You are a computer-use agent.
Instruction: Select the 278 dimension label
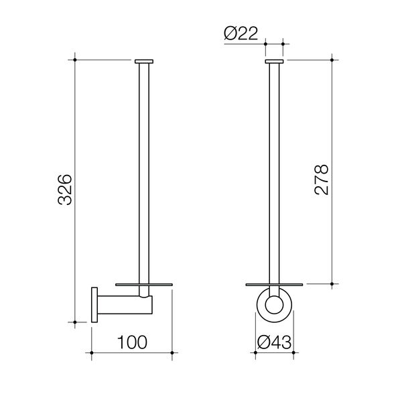[322, 179]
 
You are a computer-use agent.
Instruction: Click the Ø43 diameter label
[274, 342]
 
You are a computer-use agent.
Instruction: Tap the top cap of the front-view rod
[274, 61]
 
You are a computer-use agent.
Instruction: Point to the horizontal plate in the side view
[145, 284]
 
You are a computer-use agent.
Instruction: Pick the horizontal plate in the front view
[274, 284]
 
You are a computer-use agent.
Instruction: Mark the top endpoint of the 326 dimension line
[76, 60]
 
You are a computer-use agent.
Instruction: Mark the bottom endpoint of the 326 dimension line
[76, 322]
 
